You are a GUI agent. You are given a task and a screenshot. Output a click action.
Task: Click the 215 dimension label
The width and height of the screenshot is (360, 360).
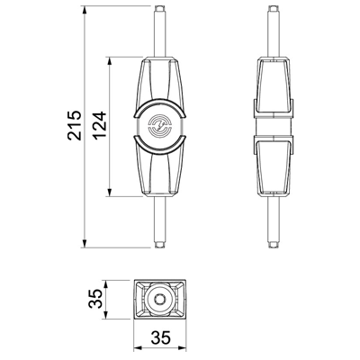click(75, 126)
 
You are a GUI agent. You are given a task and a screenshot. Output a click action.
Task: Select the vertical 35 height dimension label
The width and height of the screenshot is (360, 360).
click(95, 299)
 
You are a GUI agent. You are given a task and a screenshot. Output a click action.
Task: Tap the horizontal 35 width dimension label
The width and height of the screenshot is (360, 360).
click(160, 337)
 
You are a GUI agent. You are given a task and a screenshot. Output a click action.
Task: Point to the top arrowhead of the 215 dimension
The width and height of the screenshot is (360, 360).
click(85, 10)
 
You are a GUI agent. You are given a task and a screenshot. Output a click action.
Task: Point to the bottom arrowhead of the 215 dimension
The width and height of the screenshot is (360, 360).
click(85, 244)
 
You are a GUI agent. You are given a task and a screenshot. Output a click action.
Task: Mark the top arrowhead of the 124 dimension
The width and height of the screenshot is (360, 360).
click(110, 60)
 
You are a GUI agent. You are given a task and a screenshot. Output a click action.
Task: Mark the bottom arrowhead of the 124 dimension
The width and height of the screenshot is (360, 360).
click(110, 193)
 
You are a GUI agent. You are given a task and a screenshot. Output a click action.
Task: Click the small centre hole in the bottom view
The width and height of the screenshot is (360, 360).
click(159, 299)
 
